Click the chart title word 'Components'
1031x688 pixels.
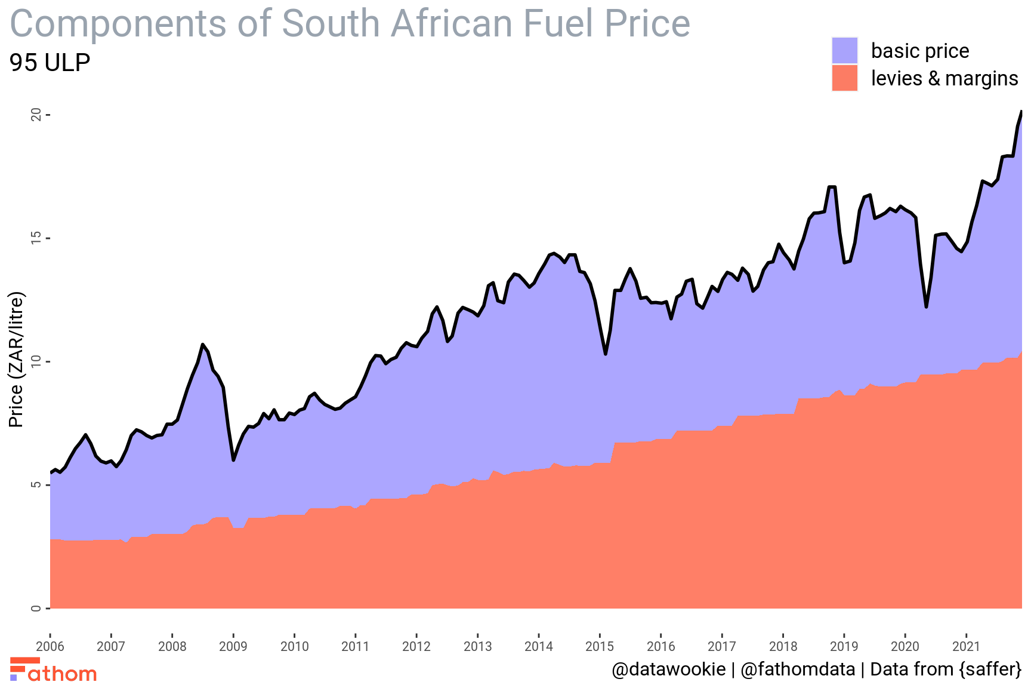[x=118, y=24]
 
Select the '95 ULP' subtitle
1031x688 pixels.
[x=50, y=63]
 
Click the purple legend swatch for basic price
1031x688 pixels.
[x=844, y=50]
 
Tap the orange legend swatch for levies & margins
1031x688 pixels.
[x=844, y=78]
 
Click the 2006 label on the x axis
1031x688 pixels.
[x=50, y=646]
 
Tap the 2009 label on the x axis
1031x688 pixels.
[x=233, y=646]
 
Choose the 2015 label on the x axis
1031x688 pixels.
[x=600, y=646]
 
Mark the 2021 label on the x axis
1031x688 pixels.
[x=966, y=646]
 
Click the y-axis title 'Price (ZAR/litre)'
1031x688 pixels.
[x=16, y=360]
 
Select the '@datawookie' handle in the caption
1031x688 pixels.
[x=668, y=669]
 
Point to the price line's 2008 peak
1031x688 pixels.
[x=203, y=345]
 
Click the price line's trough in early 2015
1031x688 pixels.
[x=606, y=354]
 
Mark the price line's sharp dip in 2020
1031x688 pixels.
[x=926, y=307]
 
